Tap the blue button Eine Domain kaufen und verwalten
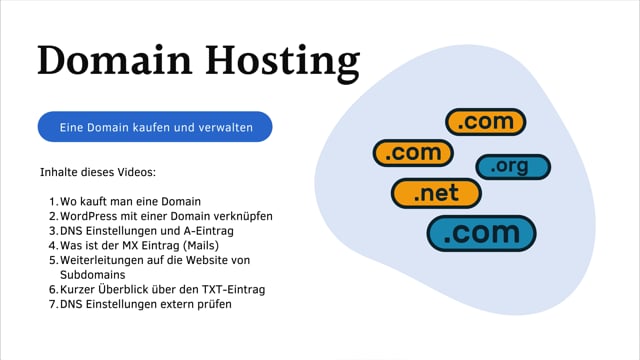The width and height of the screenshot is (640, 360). [155, 127]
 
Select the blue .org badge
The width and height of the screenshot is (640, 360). [512, 167]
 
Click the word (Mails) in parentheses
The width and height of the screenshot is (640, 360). [196, 245]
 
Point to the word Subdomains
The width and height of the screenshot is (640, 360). [92, 274]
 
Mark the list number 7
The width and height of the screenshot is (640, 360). [52, 304]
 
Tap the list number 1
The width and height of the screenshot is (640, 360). [52, 202]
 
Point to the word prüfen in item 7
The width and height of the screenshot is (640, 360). [212, 304]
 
